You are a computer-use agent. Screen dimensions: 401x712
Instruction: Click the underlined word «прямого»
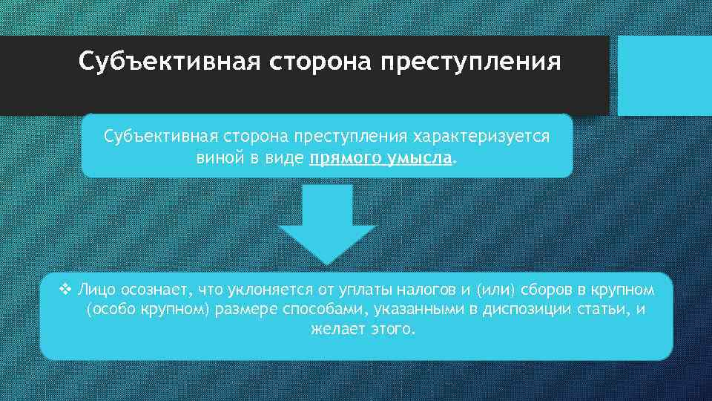[x=344, y=158]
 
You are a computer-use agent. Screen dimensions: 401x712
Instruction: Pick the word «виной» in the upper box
[x=220, y=158]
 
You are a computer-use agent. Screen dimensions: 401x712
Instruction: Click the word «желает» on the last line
[x=337, y=329]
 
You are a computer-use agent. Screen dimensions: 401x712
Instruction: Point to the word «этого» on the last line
[x=392, y=329]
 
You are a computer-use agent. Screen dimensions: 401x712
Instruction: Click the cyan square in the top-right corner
[x=665, y=76]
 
